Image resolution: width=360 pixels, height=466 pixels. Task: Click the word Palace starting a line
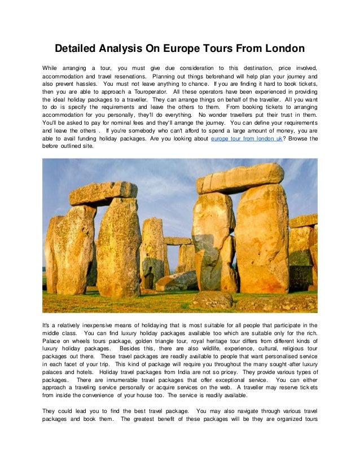pos(52,341)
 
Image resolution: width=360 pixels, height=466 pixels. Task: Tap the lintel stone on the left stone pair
pos(103,193)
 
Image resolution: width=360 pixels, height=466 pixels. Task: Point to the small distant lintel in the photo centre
pos(178,241)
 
